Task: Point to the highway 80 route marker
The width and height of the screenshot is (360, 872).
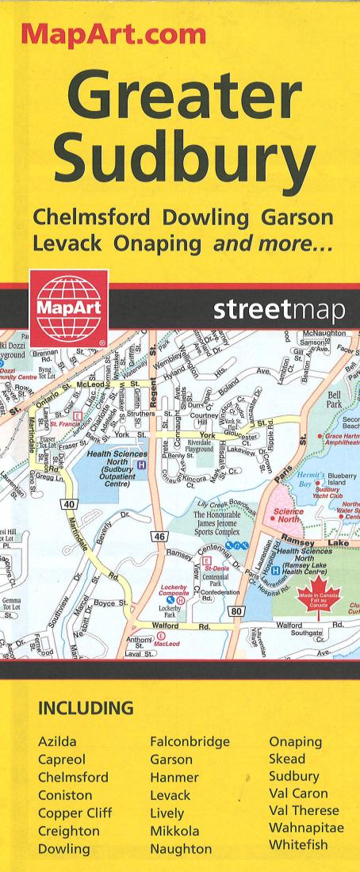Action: pos(236,611)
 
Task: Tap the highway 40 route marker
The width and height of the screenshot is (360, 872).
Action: pos(68,504)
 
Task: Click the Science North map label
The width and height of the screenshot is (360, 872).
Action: pos(287,515)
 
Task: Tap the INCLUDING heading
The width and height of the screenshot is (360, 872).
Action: pos(85,706)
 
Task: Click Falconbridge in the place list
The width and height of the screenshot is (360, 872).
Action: pos(190,742)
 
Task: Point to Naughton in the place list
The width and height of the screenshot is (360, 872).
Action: pos(181,848)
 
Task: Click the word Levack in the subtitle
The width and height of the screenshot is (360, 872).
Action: pos(67,245)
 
